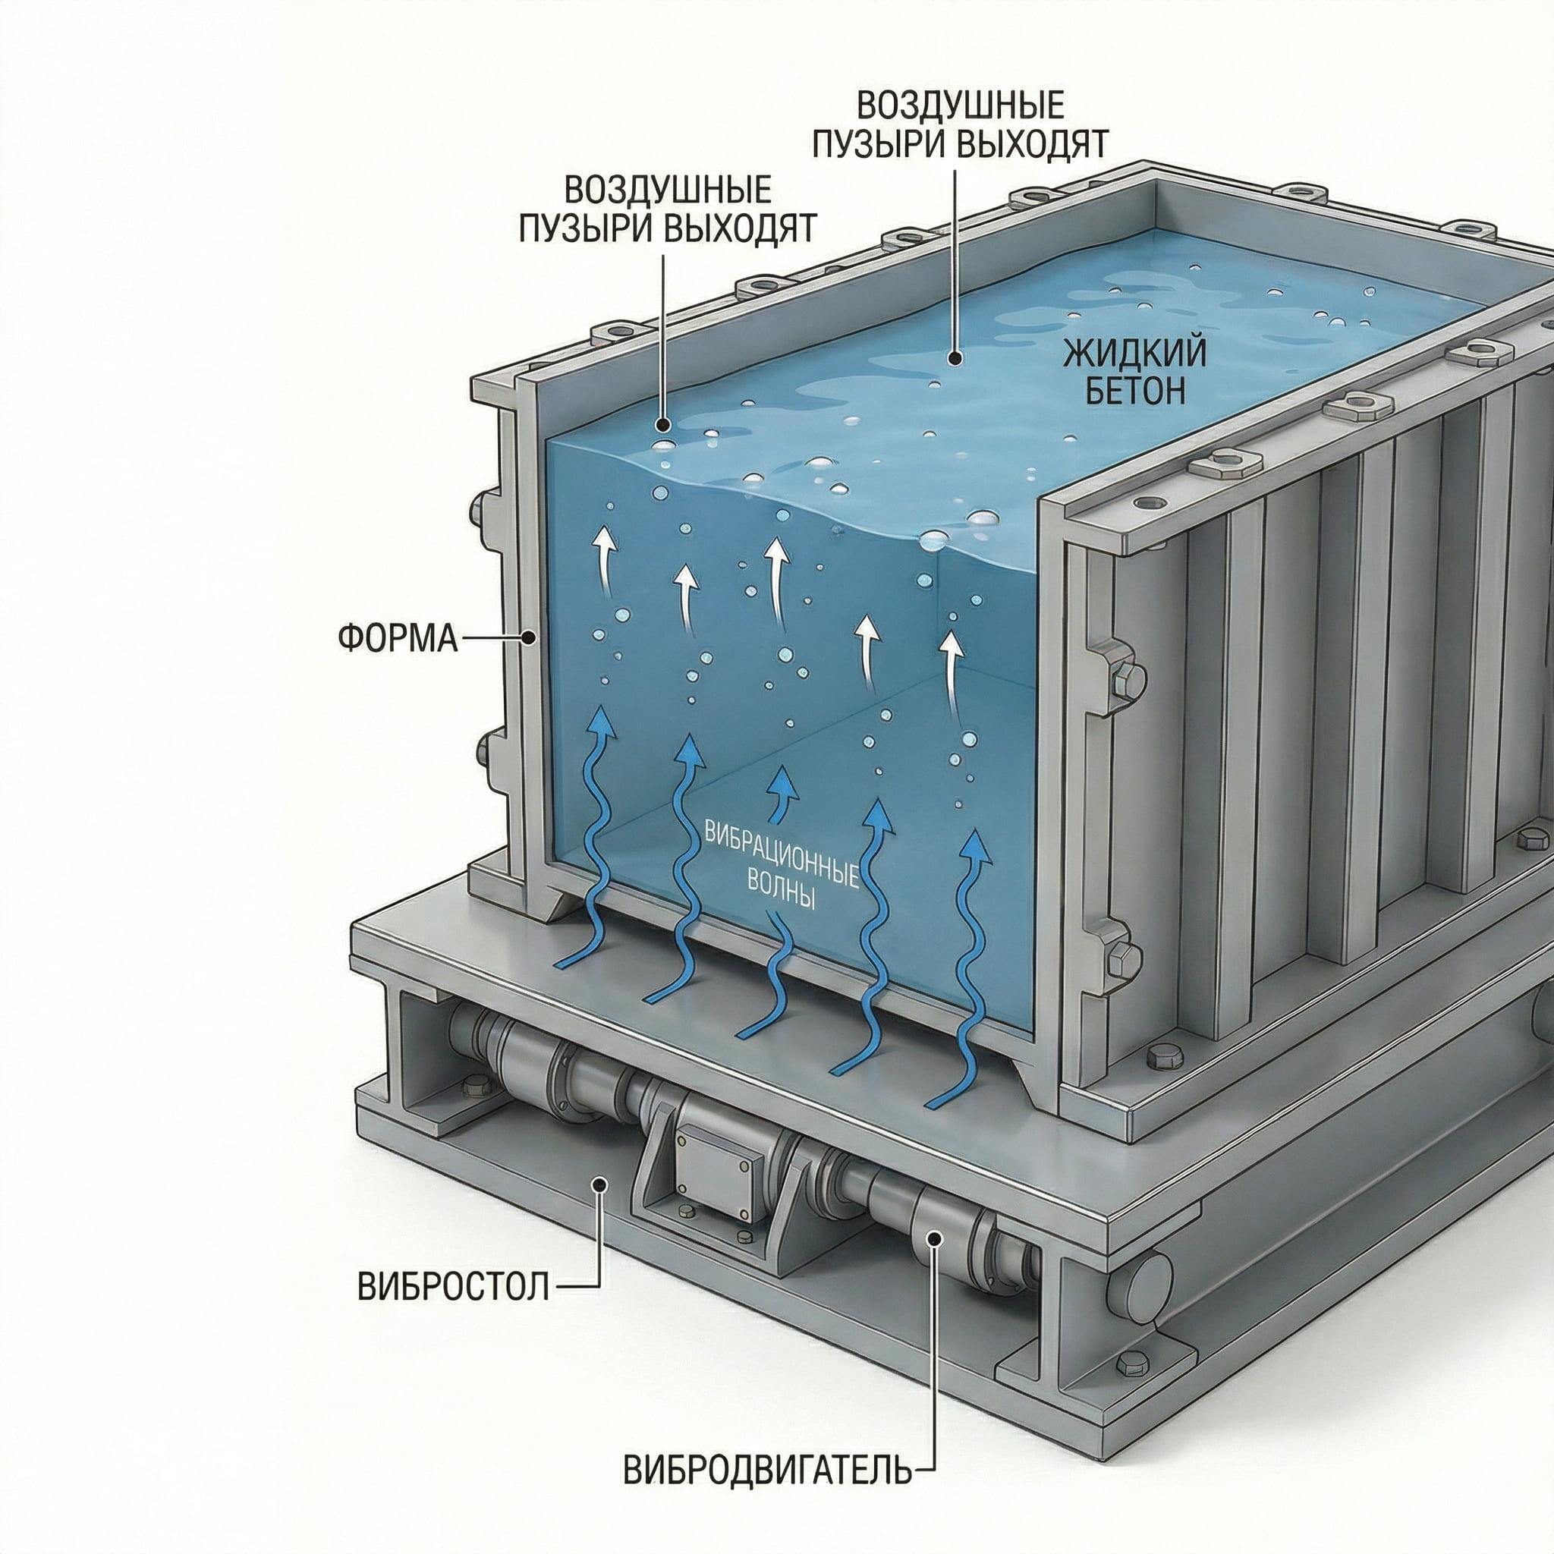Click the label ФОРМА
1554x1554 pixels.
[x=398, y=638]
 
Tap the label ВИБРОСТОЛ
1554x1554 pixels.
[x=454, y=1287]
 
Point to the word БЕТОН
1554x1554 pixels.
[x=1135, y=390]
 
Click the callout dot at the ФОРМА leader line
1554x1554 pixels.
[x=528, y=638]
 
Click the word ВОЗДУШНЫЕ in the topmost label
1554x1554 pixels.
[x=961, y=105]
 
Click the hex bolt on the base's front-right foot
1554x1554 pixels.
[x=1128, y=1361]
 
